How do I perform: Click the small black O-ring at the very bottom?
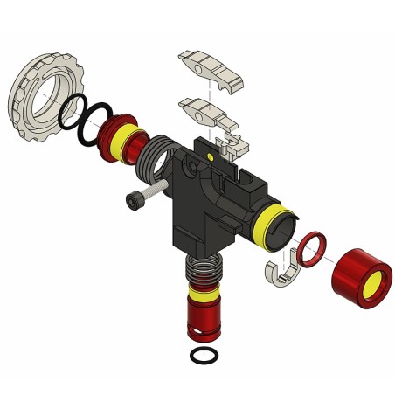204,357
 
